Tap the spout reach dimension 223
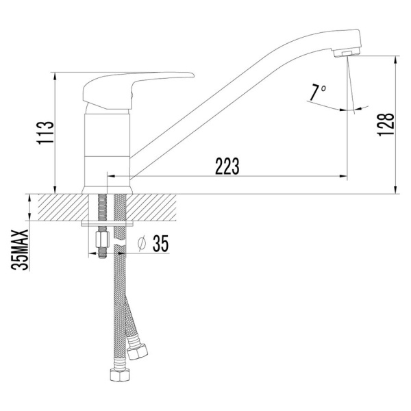pos(226,166)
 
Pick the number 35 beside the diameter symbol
pos(160,243)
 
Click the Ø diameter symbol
pos(141,243)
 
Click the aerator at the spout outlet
pos(349,53)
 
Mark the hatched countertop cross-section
pos(62,207)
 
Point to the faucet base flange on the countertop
pos(107,188)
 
